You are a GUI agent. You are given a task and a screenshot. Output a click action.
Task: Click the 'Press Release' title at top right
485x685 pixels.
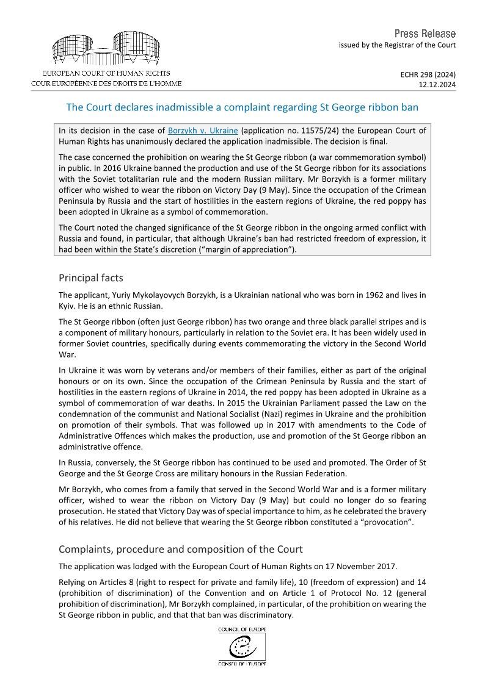[425, 34]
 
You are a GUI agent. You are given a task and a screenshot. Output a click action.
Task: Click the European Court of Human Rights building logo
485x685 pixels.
[106, 49]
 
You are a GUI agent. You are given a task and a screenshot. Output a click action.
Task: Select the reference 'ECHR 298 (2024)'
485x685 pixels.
[428, 74]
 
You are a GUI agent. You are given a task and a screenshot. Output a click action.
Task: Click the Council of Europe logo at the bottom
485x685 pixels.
[242, 645]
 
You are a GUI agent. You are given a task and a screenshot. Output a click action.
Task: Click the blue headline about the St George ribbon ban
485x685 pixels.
[242, 107]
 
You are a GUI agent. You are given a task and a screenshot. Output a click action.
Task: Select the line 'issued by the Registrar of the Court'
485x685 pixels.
[397, 45]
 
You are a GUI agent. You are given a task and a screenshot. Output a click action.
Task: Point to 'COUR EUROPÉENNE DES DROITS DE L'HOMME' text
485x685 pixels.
[106, 83]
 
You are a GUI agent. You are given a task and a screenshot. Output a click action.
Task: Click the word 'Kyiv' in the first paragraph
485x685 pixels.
[68, 305]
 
